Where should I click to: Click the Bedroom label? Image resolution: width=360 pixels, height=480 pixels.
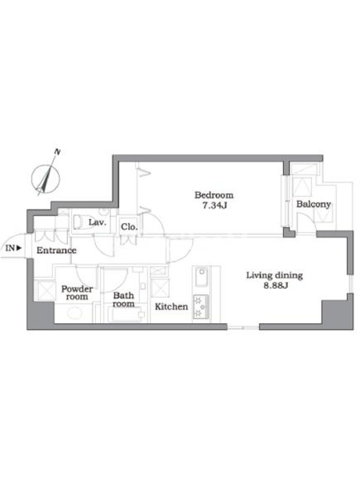pos(214,195)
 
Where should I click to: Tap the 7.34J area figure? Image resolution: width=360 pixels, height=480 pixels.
pos(214,205)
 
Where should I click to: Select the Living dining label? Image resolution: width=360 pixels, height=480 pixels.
pos(275,275)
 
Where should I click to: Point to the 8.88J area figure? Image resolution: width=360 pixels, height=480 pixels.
pos(275,286)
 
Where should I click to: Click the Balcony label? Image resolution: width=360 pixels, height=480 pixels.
pos(313,204)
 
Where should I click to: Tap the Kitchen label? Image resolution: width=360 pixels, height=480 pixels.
pos(171,307)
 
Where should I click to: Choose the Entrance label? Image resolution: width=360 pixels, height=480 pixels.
pos(56,250)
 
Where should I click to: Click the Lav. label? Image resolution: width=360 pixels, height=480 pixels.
pos(97,222)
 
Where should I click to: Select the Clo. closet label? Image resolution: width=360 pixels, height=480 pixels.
pos(129,227)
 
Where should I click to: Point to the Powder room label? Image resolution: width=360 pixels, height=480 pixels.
pos(77,293)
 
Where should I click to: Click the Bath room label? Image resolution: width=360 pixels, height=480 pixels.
pos(124,299)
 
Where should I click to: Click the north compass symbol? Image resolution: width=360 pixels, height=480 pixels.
pos(46,179)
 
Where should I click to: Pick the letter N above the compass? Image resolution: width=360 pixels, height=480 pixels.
pos(57,151)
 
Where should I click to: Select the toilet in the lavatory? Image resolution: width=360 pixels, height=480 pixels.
pos(79,222)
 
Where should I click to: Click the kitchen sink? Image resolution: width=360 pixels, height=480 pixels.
pos(202,277)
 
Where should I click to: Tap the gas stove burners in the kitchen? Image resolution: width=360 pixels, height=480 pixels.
pos(201,307)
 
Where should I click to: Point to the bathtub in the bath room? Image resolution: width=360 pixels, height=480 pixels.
pos(126,314)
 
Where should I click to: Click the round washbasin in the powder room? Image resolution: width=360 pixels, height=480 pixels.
pos(74,313)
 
